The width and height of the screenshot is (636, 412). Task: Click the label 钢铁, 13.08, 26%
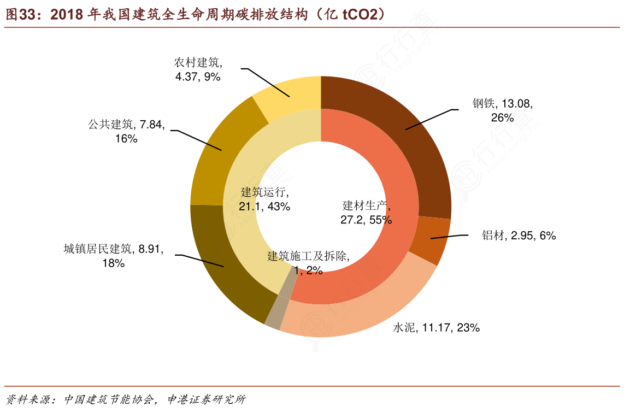(x=502, y=110)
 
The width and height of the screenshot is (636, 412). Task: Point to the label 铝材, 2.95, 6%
(x=519, y=236)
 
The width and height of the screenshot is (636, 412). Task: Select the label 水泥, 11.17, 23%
(x=436, y=327)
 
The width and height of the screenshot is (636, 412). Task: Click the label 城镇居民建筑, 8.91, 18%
(x=113, y=256)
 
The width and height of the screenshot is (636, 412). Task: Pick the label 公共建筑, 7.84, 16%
(x=126, y=131)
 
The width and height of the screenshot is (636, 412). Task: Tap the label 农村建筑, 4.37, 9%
(x=198, y=69)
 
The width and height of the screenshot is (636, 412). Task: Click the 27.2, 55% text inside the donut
(x=366, y=220)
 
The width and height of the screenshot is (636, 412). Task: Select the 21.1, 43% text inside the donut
(x=264, y=206)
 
